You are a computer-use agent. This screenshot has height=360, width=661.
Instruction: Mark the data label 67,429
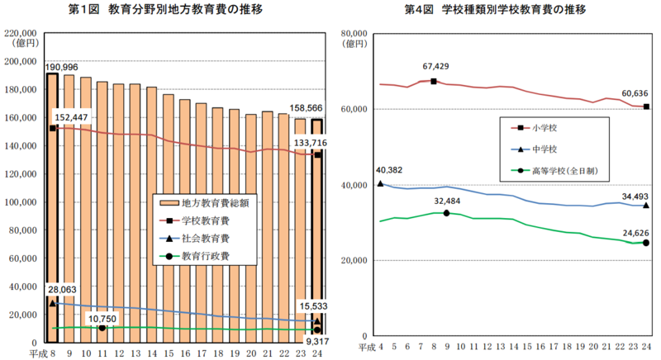(x=438, y=67)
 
